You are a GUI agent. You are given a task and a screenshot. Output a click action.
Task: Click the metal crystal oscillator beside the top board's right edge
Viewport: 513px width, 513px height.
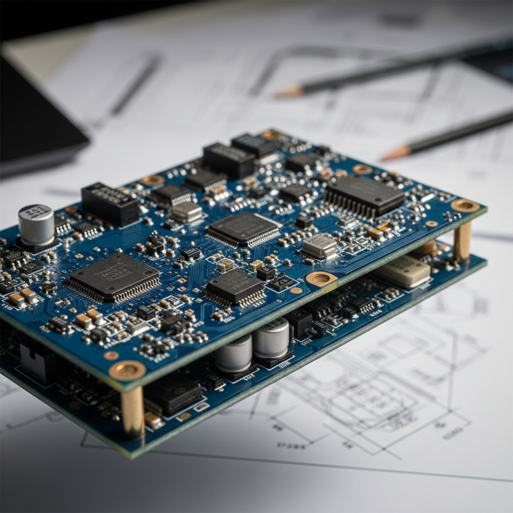[x=319, y=246]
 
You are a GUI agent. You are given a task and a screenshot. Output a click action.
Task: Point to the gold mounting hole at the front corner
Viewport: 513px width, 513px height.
[x=127, y=370]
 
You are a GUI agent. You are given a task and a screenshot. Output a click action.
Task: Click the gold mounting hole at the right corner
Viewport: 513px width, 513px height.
[x=465, y=205]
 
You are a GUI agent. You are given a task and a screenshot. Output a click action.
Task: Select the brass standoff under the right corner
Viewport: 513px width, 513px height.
[x=462, y=242]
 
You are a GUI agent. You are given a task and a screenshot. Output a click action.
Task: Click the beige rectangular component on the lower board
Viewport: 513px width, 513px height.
[x=403, y=271]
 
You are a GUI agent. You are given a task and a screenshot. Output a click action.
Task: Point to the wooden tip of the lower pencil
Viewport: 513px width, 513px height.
[x=396, y=153]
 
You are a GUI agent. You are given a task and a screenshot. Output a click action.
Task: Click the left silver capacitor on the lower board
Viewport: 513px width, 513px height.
[x=233, y=353]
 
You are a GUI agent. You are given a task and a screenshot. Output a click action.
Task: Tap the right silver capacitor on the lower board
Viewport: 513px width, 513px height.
[x=270, y=338]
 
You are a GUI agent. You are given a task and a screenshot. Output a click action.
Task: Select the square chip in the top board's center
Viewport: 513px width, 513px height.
[x=244, y=229]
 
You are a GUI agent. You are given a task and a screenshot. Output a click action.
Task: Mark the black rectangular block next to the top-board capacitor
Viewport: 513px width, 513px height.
[x=110, y=203]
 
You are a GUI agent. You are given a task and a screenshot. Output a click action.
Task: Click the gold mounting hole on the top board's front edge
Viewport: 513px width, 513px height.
[x=321, y=279]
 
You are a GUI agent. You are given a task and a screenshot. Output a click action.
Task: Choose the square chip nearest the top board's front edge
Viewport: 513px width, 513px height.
[x=235, y=287]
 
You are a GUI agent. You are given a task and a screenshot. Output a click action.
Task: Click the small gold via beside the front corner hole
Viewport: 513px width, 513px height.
[x=111, y=355]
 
